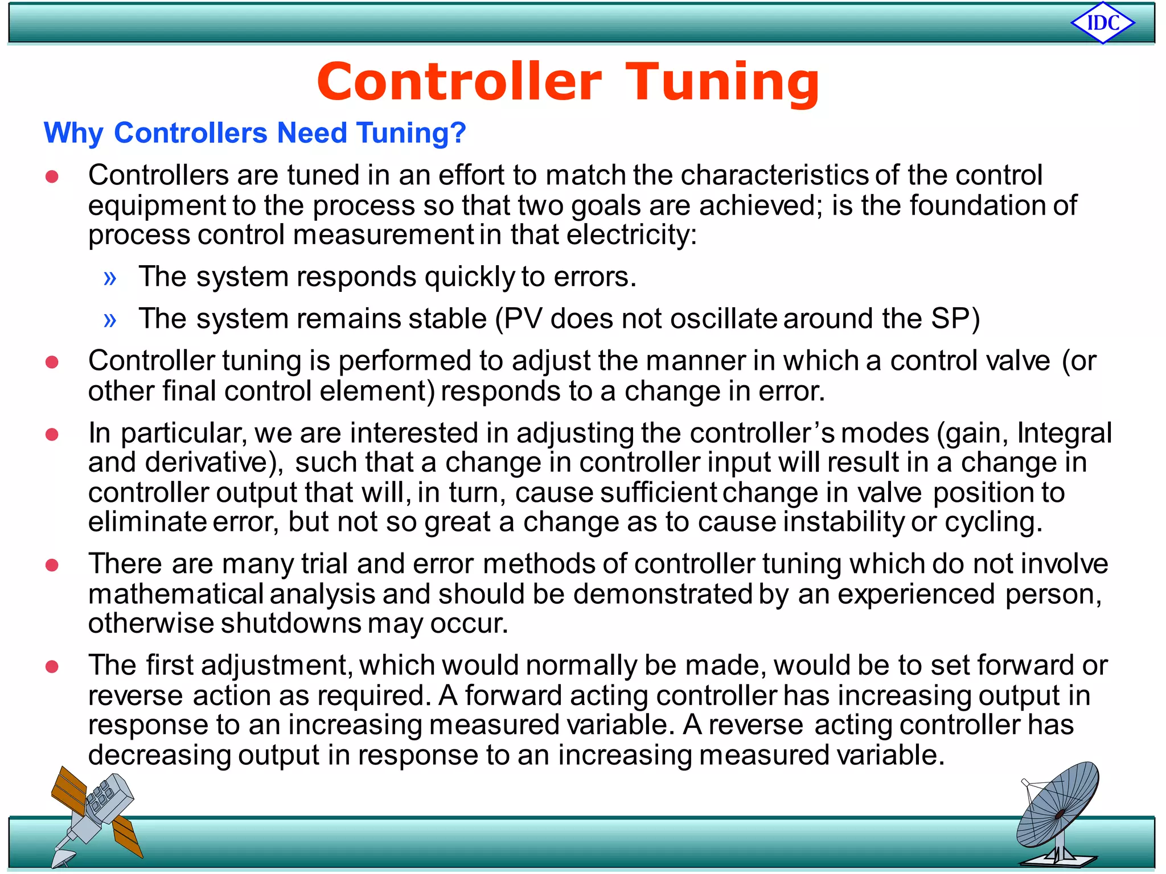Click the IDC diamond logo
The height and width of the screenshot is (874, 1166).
1103,23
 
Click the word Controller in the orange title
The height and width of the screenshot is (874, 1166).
459,83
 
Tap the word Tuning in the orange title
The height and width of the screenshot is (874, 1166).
722,84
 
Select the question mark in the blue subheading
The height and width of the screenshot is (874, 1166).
458,133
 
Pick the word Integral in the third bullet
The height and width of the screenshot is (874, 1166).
1064,433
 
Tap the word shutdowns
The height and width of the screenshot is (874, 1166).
291,623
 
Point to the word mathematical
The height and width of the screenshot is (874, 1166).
175,594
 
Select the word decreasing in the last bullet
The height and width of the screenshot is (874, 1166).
159,755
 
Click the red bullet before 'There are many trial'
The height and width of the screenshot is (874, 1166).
52,565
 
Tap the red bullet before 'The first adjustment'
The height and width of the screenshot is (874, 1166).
52,666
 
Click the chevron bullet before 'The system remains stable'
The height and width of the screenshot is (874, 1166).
110,320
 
